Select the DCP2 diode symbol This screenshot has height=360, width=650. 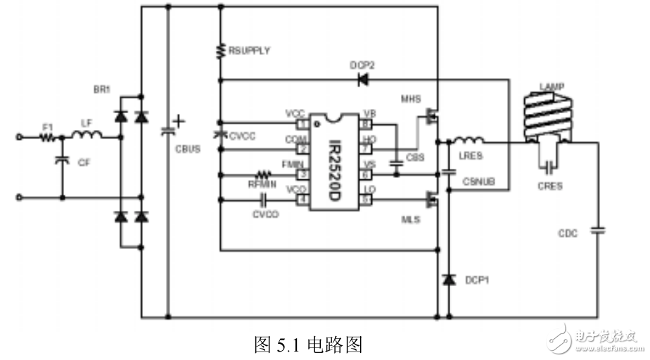pyautogui.click(x=363, y=80)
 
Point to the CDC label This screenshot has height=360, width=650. pyautogui.click(x=567, y=233)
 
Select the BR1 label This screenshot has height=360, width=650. pyautogui.click(x=103, y=91)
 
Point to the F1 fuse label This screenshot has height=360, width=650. pyautogui.click(x=48, y=127)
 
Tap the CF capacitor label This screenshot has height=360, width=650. pyautogui.click(x=84, y=162)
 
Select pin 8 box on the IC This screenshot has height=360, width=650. pyautogui.click(x=366, y=123)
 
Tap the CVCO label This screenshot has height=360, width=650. pyautogui.click(x=265, y=214)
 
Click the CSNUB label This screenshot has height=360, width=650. pyautogui.click(x=478, y=182)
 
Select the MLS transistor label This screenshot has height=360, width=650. pyautogui.click(x=410, y=221)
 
